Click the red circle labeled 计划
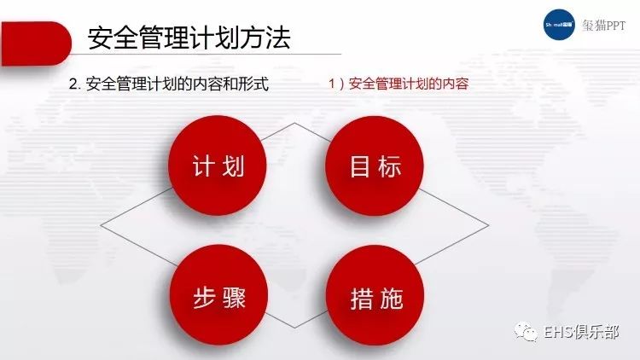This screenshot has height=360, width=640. click(218, 165)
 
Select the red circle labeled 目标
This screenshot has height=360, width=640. click(375, 165)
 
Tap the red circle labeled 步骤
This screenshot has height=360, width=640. click(218, 294)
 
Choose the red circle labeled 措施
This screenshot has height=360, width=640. click(375, 295)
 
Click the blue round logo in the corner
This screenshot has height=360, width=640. click(559, 25)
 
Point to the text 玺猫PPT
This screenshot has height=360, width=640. click(603, 26)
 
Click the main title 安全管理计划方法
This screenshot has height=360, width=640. click(189, 38)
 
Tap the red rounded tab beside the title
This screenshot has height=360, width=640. click(36, 44)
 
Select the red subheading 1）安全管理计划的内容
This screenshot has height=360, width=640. click(399, 84)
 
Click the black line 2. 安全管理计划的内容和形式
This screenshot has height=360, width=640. click(169, 84)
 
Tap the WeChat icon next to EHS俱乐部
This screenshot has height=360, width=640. click(526, 332)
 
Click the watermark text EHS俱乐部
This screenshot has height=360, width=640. click(582, 332)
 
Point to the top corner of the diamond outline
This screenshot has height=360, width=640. click(294, 123)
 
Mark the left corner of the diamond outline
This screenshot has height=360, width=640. click(101, 225)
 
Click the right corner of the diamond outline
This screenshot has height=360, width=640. click(489, 225)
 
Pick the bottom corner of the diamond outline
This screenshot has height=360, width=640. click(294, 328)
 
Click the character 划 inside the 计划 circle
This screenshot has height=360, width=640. click(233, 166)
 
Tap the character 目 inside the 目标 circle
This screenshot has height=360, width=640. click(360, 166)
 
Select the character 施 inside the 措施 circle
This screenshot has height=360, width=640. click(392, 299)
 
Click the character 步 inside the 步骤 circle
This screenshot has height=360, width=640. click(204, 298)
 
